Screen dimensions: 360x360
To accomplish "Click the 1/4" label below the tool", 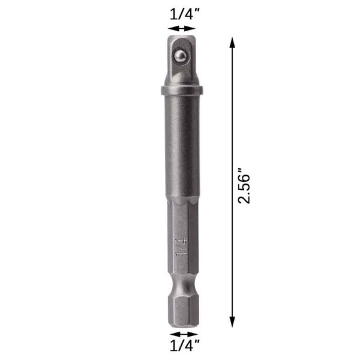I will (183, 346).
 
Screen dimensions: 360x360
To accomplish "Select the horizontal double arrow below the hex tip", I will (183, 333).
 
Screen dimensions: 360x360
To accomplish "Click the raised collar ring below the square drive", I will (181, 91).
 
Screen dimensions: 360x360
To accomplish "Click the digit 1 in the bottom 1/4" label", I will (173, 346).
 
